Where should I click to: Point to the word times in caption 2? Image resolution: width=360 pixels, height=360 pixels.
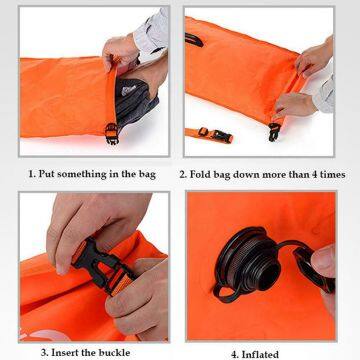[x=329, y=173]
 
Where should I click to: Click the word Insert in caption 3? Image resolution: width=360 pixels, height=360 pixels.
[x=68, y=351]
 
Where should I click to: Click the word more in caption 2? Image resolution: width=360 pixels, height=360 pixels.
[x=275, y=173]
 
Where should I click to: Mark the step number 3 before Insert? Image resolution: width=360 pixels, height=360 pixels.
[x=43, y=351]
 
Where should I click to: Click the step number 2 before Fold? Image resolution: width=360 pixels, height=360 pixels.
[x=183, y=173]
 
